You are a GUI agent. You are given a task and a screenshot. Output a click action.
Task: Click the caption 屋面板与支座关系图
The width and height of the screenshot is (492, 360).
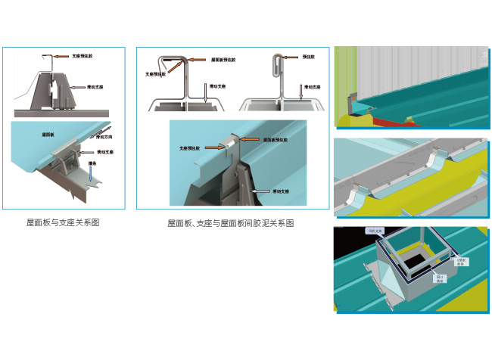click(x=63, y=222)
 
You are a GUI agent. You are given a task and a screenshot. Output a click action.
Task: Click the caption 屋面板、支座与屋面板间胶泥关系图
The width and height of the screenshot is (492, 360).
click(x=230, y=223)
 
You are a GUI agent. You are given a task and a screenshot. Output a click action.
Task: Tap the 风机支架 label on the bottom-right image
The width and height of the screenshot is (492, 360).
click(x=376, y=230)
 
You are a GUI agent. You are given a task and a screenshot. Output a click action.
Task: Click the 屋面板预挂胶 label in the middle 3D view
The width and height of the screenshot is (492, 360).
click(x=277, y=140)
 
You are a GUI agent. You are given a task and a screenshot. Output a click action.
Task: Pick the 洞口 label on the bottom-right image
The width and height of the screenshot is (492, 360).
click(x=439, y=278)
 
